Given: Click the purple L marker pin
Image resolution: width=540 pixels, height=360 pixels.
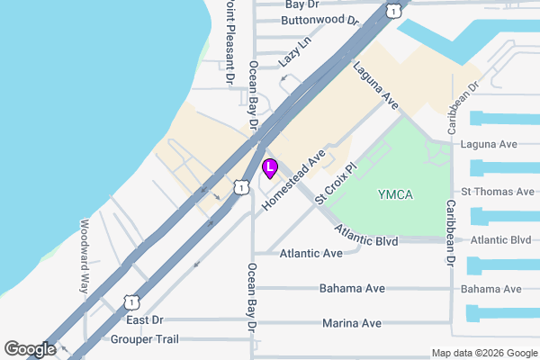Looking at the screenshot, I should pyautogui.click(x=269, y=167).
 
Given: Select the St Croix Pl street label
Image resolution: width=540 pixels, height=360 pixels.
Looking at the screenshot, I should pyautogui.click(x=337, y=183).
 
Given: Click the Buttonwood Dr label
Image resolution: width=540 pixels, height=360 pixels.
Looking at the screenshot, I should pyautogui.click(x=319, y=19).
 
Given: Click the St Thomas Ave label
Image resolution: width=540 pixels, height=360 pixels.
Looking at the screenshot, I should pyautogui.click(x=497, y=192).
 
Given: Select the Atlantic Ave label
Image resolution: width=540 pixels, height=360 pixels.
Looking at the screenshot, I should pyautogui.click(x=310, y=254).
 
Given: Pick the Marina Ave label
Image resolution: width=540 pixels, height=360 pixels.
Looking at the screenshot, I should pyautogui.click(x=350, y=323).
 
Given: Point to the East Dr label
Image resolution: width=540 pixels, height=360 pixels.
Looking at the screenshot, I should pyautogui.click(x=144, y=319).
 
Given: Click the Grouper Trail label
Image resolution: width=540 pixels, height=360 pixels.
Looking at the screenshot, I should pyautogui.click(x=145, y=339).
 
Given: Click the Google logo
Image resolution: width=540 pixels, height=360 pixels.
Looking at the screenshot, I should pyautogui.click(x=29, y=349).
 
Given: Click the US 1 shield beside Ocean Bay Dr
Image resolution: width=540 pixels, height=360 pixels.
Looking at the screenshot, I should pyautogui.click(x=240, y=186).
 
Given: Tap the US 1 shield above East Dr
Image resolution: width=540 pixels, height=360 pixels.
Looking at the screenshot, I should pyautogui.click(x=131, y=301).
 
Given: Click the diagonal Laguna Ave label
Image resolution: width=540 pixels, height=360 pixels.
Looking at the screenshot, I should pyautogui.click(x=375, y=85).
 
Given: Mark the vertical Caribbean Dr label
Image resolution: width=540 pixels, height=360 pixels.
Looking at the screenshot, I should pyautogui.click(x=448, y=232).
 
